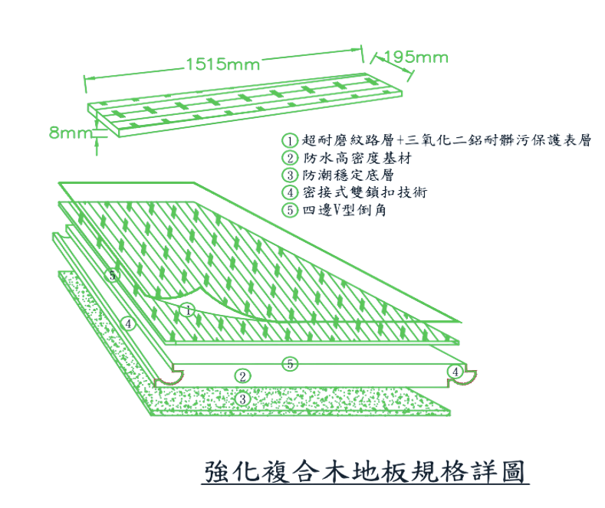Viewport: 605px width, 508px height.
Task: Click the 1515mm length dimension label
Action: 223,64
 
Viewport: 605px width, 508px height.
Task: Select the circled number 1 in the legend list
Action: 289,142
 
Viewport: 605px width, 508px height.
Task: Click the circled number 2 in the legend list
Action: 289,159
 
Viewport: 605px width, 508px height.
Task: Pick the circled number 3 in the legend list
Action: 289,175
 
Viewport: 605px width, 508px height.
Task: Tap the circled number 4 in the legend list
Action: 289,192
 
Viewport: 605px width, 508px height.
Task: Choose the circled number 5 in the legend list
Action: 289,209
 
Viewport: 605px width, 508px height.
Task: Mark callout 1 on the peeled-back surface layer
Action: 189,310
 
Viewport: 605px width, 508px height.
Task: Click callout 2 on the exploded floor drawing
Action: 242,375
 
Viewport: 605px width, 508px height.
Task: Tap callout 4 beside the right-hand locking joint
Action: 456,371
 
